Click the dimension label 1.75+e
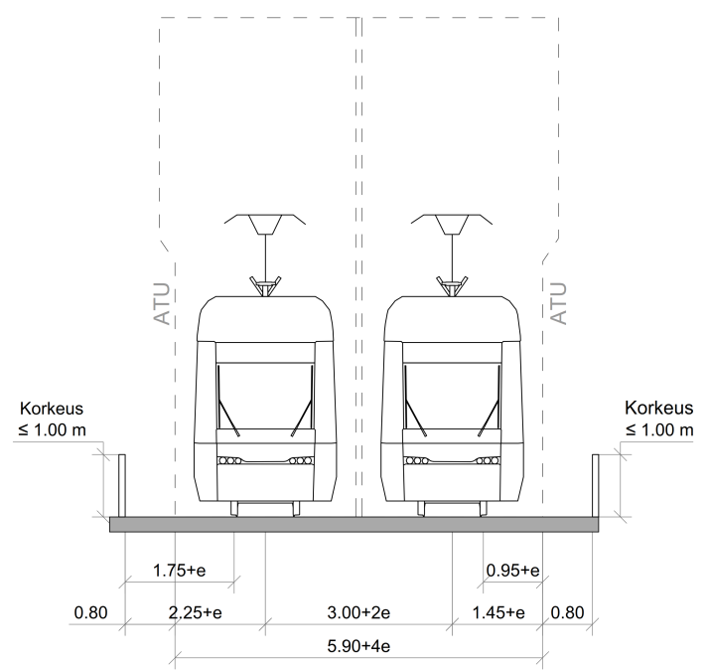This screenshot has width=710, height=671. [180, 570]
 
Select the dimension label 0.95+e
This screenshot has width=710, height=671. [512, 570]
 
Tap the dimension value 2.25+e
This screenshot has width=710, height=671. [196, 612]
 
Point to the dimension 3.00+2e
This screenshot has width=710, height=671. [358, 612]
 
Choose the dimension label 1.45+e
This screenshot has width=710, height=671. [498, 612]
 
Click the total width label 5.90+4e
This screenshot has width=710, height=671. [358, 645]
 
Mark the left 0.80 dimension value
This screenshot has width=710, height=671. [91, 612]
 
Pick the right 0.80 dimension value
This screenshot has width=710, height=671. [567, 612]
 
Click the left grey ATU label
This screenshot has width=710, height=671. [162, 304]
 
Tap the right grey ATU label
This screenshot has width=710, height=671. [558, 304]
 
